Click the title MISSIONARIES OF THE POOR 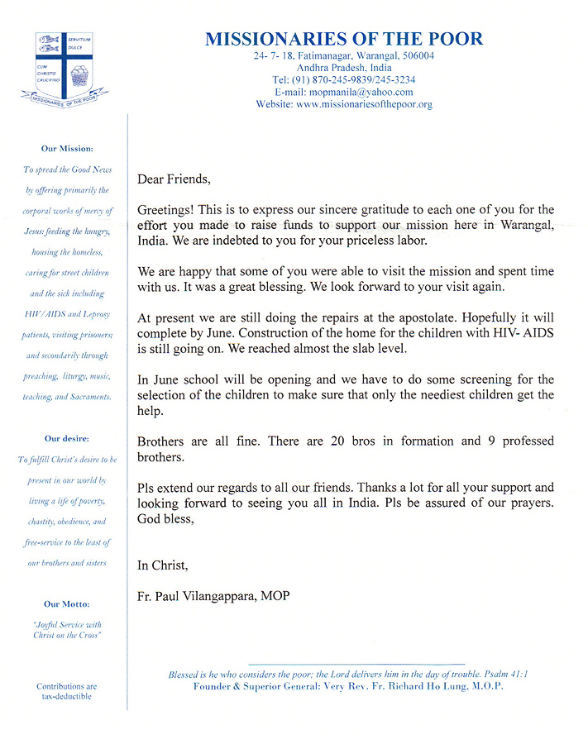pos(344,39)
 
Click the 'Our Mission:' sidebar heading pos(68,149)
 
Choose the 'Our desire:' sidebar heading pos(68,438)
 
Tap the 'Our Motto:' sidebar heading pos(68,604)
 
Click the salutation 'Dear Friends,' pos(174,179)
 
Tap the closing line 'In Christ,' pos(163,565)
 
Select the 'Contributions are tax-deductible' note pos(67,691)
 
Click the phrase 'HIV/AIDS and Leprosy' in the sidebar pos(68,314)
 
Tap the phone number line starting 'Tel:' pos(344,80)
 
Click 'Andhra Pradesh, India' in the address pos(344,68)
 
